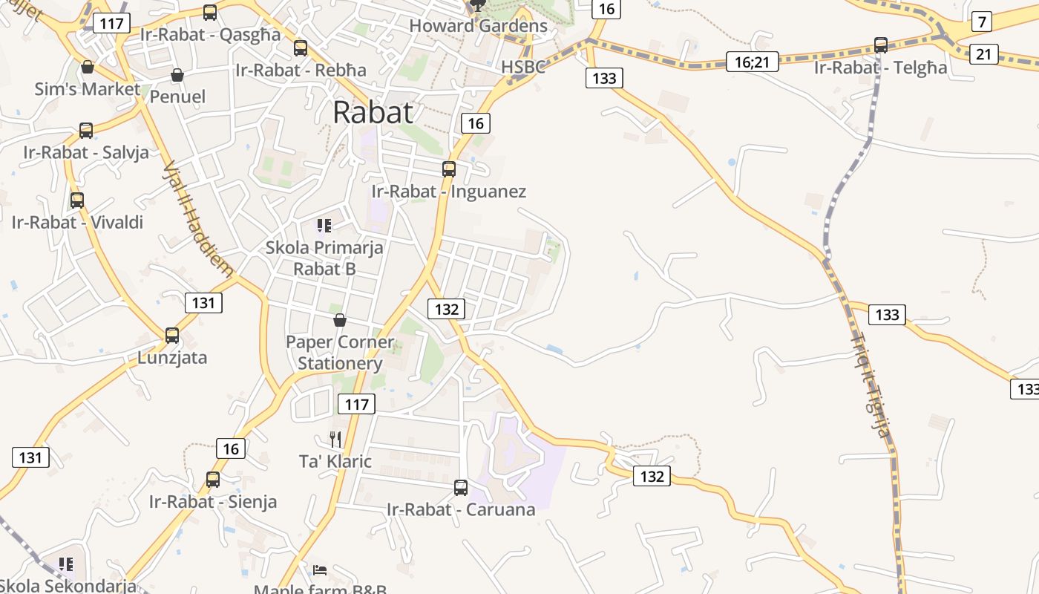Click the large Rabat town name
click(373, 112)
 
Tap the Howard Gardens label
click(478, 26)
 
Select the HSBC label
click(523, 67)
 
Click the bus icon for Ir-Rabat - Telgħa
click(881, 45)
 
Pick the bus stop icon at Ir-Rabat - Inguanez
click(449, 169)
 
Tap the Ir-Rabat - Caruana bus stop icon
click(461, 488)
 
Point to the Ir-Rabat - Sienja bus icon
click(213, 480)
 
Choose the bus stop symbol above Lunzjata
click(172, 336)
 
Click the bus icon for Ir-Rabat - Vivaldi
click(77, 200)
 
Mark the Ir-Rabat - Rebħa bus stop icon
click(301, 48)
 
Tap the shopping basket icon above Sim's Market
click(88, 68)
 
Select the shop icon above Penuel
click(177, 75)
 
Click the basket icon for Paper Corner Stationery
click(340, 320)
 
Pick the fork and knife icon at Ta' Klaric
click(335, 440)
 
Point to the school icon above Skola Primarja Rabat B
click(324, 225)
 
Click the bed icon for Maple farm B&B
click(320, 570)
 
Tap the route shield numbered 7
click(982, 22)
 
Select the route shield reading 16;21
click(752, 62)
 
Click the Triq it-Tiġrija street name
click(869, 386)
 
